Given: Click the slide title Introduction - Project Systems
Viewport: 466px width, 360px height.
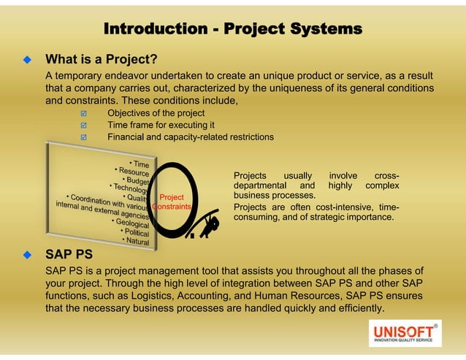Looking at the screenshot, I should [x=232, y=29].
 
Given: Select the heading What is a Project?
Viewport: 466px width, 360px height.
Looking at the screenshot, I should [x=102, y=58].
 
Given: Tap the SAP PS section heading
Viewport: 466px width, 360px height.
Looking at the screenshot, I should [x=69, y=255].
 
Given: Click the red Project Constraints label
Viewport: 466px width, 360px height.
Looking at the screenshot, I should [x=172, y=202].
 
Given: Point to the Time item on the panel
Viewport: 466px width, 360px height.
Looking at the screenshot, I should [x=140, y=164].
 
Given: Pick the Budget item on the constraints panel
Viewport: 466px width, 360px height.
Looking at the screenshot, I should [x=136, y=180].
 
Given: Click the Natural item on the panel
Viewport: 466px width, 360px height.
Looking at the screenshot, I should [x=137, y=241].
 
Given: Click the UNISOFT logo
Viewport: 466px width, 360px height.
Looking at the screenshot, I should [x=404, y=333].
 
